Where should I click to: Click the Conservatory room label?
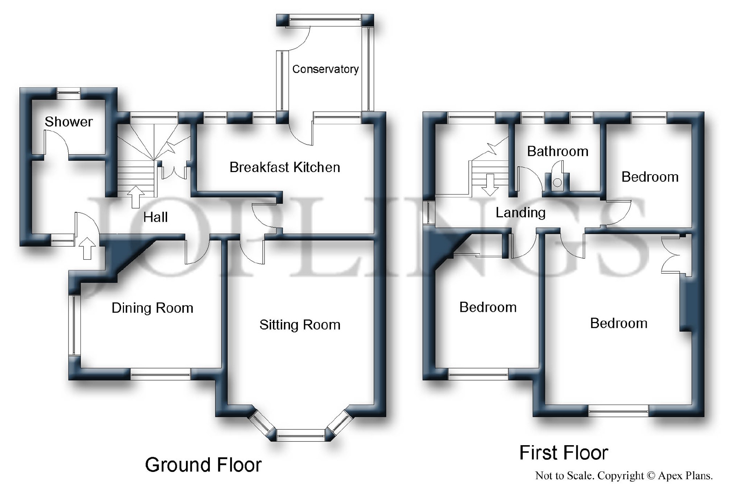pyautogui.click(x=325, y=69)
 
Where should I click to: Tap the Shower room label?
pyautogui.click(x=69, y=122)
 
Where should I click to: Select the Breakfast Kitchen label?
pyautogui.click(x=285, y=167)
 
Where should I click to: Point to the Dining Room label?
pyautogui.click(x=152, y=308)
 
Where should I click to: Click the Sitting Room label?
pyautogui.click(x=300, y=325)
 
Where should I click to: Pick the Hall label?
pyautogui.click(x=155, y=217)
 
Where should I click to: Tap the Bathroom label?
pyautogui.click(x=557, y=151)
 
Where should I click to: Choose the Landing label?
pyautogui.click(x=521, y=213)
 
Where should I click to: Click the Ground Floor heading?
pyautogui.click(x=203, y=465)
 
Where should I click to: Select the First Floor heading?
pyautogui.click(x=564, y=453)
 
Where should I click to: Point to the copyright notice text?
pyautogui.click(x=624, y=476)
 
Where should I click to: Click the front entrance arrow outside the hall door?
pyautogui.click(x=87, y=248)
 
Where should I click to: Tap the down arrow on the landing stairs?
pyautogui.click(x=490, y=185)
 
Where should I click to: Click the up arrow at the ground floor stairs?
pyautogui.click(x=136, y=197)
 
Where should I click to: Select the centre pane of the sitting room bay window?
pyautogui.click(x=301, y=435)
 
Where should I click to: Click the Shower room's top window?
pyautogui.click(x=69, y=93)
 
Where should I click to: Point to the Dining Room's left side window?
pyautogui.click(x=74, y=325)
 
